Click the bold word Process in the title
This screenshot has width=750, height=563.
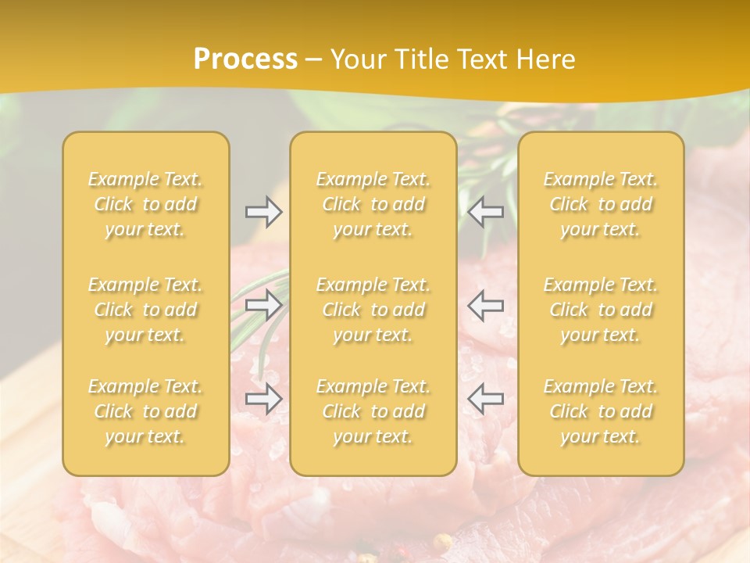245,59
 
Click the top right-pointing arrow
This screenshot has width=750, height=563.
264,212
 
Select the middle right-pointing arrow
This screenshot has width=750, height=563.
264,305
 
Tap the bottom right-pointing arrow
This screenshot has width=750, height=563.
264,399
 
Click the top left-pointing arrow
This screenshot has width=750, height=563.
485,212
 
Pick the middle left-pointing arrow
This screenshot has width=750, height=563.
485,305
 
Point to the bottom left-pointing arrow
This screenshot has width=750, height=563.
485,399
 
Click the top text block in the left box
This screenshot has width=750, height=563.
145,204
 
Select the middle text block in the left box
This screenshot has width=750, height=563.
145,310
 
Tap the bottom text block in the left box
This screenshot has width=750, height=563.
145,411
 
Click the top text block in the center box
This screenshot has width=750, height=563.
373,204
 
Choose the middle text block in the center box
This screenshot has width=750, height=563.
373,310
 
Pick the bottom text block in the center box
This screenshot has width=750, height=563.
373,411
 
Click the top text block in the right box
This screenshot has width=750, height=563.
601,204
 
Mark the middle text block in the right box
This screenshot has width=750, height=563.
601,310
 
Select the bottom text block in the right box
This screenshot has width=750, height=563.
601,411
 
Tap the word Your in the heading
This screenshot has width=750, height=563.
357,59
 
